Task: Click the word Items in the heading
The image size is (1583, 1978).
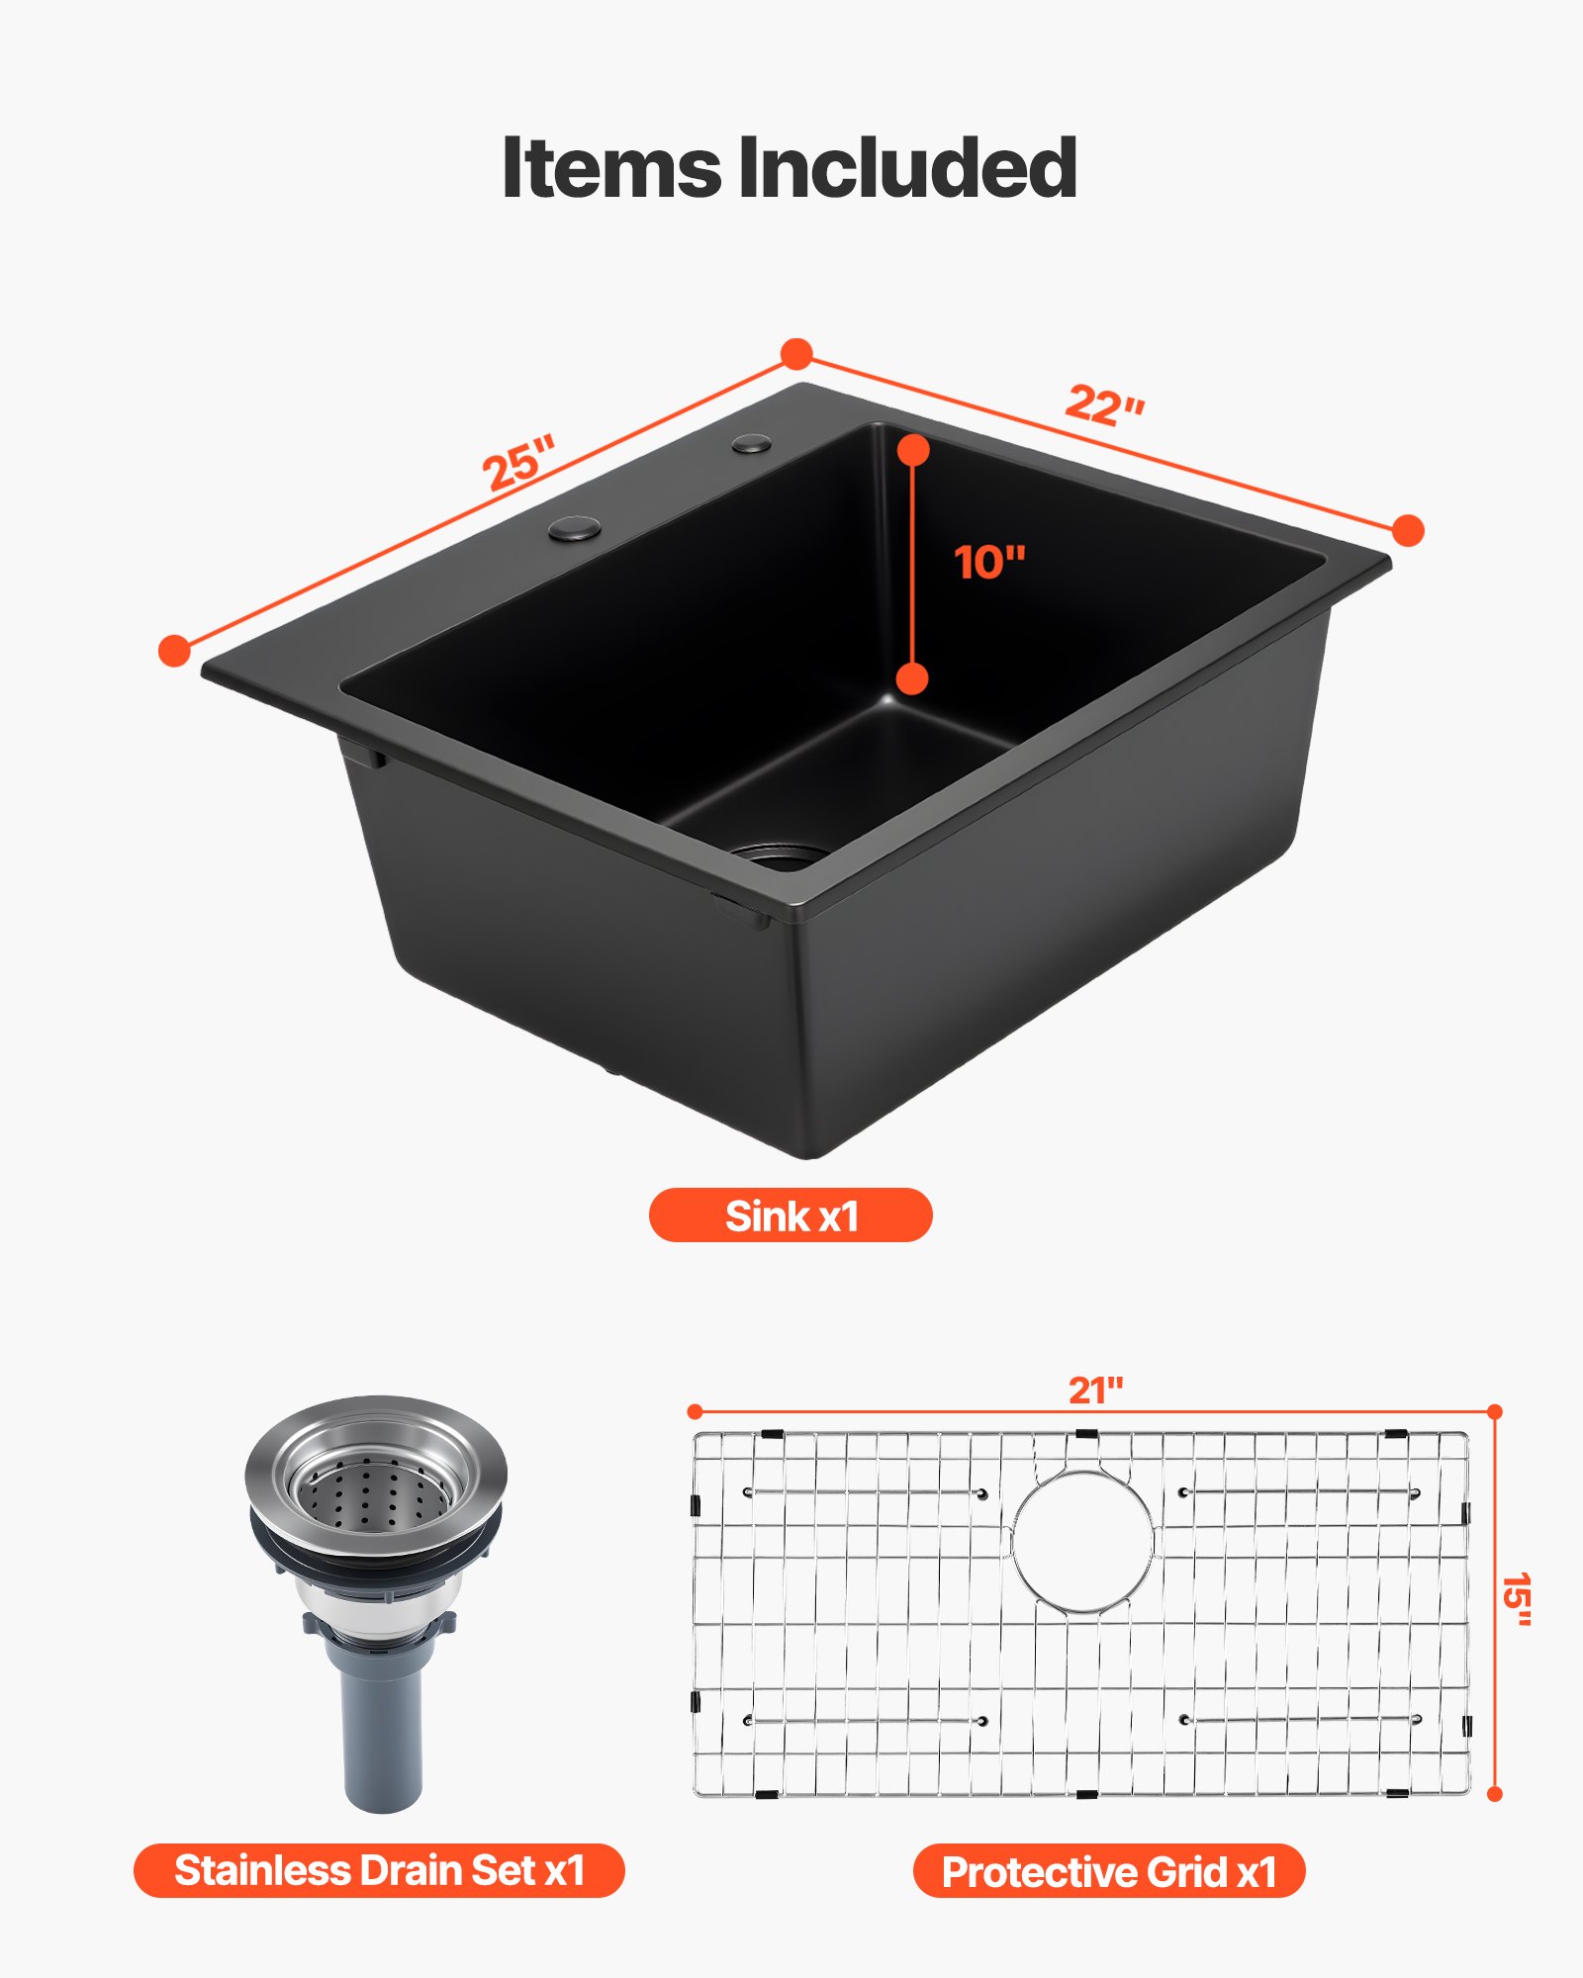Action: coord(611,168)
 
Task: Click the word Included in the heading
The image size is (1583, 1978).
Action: coord(906,168)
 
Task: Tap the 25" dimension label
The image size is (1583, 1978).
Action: coord(518,462)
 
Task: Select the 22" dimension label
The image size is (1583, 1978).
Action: coord(1104,405)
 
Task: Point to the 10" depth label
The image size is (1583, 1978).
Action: coord(989,563)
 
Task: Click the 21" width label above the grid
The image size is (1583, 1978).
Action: coord(1095,1391)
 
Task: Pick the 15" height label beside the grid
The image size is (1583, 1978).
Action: coord(1516,1600)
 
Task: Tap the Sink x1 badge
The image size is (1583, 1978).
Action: coord(791,1215)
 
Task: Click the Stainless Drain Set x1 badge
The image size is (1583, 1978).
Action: coord(379,1870)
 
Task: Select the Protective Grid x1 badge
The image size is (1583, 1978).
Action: coord(1109,1871)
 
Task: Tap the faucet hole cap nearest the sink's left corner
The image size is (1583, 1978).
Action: coord(575,529)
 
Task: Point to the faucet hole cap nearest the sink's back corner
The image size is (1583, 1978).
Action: coord(752,443)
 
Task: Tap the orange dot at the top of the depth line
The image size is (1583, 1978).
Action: coord(913,450)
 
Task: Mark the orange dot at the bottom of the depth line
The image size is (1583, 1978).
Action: coord(911,678)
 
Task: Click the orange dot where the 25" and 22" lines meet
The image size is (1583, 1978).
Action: coord(796,354)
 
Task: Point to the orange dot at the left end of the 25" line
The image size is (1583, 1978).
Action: coord(174,650)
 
